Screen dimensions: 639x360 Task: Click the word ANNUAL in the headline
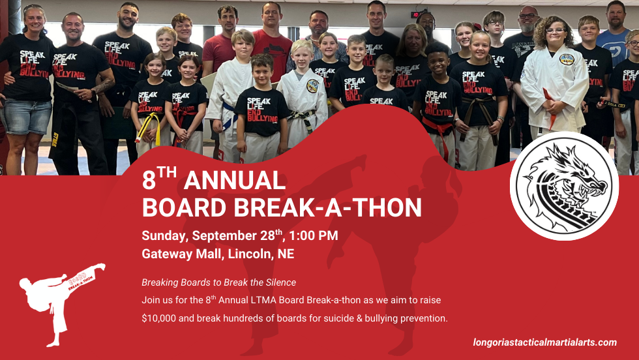[234, 180]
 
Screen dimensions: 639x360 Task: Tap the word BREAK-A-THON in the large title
[327, 207]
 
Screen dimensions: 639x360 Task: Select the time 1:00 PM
[314, 235]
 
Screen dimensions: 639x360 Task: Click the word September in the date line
[224, 236]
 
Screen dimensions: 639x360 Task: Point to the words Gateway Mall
[182, 254]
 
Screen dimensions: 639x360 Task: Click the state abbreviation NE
[286, 254]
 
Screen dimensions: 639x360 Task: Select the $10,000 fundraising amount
[158, 318]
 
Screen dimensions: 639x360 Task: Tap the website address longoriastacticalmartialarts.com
[545, 342]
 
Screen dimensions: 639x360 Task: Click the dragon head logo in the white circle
[565, 186]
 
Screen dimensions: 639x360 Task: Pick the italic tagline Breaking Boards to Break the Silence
[219, 282]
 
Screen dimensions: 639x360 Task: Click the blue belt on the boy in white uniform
[229, 114]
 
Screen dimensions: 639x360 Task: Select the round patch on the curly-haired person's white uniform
[567, 59]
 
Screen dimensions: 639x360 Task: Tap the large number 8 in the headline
[149, 180]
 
